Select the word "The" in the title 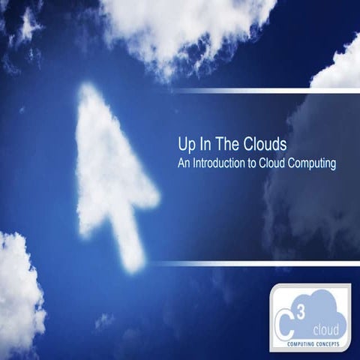pyautogui.click(x=220, y=144)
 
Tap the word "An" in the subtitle pyautogui.click(x=184, y=161)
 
